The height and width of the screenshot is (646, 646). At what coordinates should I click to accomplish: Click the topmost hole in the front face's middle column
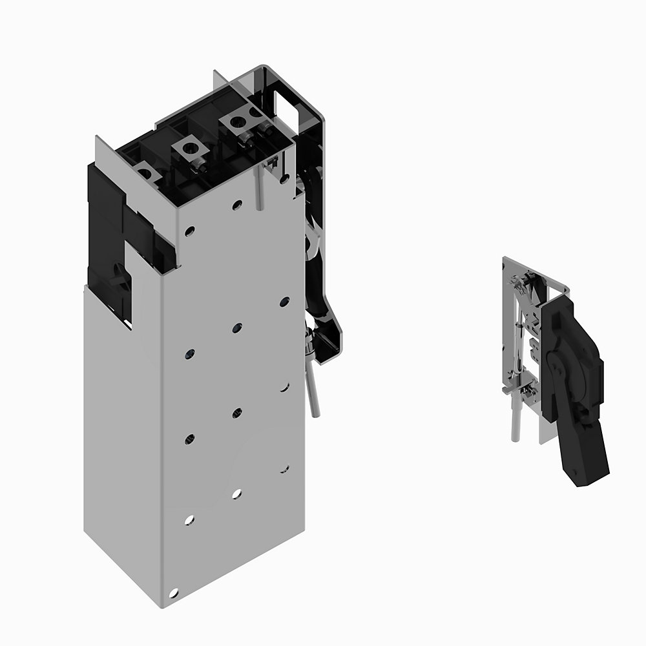[x=237, y=205]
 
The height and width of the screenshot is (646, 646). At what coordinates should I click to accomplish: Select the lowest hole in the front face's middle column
[x=236, y=494]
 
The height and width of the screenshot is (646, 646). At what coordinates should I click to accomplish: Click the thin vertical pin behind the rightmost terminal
[x=260, y=187]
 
